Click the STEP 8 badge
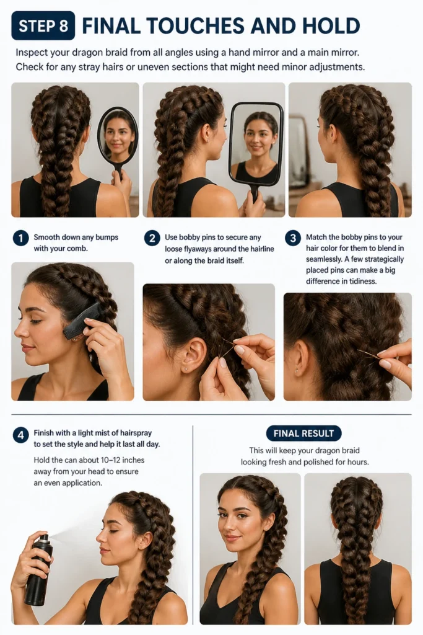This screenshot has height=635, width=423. click(43, 25)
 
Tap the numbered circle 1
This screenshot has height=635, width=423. click(20, 238)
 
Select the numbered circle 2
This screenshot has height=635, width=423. click(152, 238)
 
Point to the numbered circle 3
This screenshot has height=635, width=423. click(293, 238)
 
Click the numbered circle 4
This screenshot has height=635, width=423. click(20, 435)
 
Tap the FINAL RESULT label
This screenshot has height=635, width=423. click(303, 433)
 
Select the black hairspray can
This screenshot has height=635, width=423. click(39, 571)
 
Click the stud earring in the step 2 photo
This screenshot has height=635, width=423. click(185, 369)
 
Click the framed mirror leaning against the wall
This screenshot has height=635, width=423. click(300, 151)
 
